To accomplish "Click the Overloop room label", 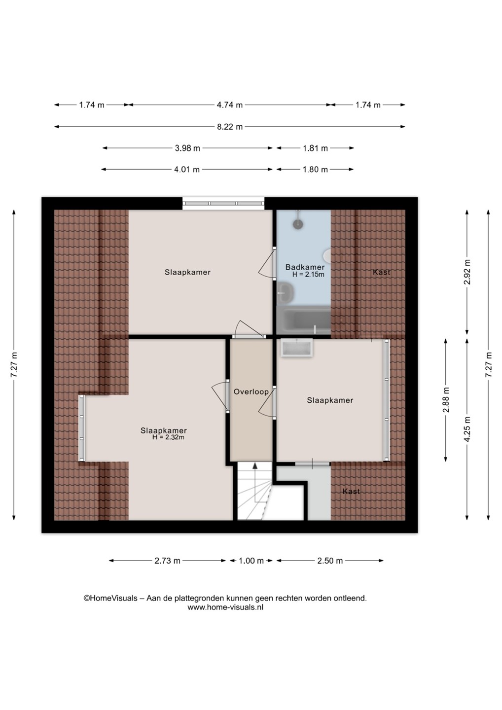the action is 251,392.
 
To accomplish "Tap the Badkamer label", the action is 305,267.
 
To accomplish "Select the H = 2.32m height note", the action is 168,437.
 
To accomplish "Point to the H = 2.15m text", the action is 308,275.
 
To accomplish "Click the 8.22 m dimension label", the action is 230,127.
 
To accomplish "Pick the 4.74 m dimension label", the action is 230,105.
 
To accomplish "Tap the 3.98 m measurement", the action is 187,148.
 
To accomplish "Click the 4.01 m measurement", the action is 187,170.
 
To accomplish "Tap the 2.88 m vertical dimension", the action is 446,400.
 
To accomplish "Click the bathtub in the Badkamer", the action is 304,319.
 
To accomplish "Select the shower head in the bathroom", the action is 298,224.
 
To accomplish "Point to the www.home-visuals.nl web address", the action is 225,607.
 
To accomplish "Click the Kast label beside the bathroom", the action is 381,272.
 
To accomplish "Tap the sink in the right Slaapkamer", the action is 296,348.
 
